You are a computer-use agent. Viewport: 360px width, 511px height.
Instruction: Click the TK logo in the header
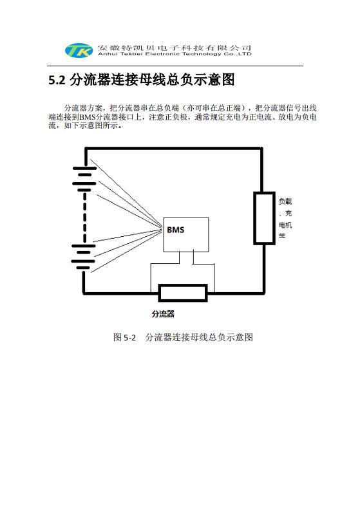[79, 50]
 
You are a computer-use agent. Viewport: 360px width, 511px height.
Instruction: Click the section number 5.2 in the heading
[57, 80]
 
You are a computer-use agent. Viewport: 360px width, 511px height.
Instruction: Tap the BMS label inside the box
[175, 230]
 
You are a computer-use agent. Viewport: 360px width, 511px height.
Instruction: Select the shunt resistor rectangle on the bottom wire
[183, 293]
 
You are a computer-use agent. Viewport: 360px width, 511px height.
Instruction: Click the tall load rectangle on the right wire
[265, 218]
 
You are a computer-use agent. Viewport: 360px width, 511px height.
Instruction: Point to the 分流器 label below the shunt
[163, 314]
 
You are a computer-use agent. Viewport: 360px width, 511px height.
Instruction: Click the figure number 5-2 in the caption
[130, 337]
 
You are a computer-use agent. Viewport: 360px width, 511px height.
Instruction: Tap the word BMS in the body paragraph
[87, 117]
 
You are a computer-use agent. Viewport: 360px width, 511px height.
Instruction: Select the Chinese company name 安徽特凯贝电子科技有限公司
[175, 48]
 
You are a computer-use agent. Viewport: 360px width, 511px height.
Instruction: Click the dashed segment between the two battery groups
[85, 218]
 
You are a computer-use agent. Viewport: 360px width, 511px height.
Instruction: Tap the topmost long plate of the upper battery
[85, 169]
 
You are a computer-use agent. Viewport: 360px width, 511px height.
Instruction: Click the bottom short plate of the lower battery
[83, 268]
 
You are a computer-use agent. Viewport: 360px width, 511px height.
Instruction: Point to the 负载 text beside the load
[285, 201]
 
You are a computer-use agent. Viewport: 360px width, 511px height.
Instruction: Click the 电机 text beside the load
[285, 225]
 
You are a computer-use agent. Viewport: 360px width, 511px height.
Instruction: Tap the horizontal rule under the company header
[175, 66]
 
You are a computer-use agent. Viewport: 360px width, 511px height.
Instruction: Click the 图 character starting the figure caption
[117, 337]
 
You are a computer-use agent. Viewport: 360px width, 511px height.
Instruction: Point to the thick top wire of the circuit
[174, 149]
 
